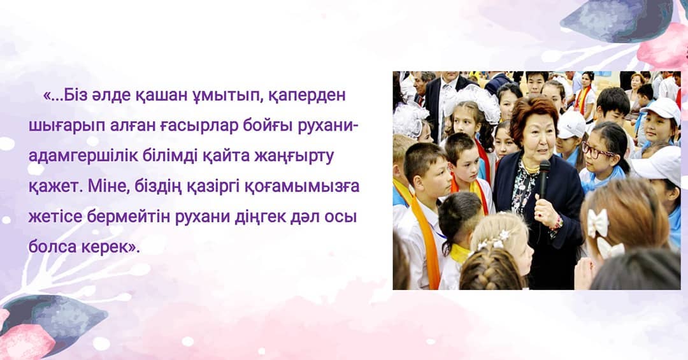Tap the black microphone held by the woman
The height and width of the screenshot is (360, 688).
544,179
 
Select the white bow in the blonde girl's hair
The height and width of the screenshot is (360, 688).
598,222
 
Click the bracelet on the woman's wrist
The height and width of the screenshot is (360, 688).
557,224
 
